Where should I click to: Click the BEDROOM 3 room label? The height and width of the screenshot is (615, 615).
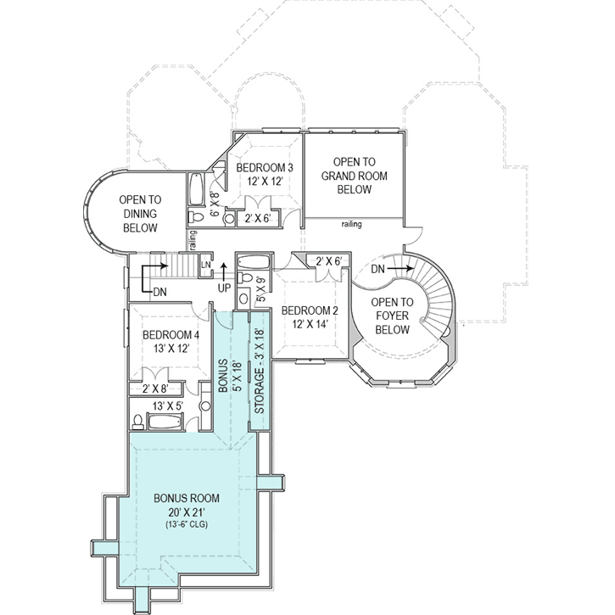pos(265,168)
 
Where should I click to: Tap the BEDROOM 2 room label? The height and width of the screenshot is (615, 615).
pos(310,311)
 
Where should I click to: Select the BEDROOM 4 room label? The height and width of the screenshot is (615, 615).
pos(171,335)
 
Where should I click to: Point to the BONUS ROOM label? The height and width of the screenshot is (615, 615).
pos(187,498)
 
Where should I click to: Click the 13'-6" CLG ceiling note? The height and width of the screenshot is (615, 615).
pos(187,524)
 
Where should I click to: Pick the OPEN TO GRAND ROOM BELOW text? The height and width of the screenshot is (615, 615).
pos(355,176)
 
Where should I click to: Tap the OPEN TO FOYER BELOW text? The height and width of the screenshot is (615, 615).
pos(392,316)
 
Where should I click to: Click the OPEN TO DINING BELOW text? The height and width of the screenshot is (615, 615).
pos(140,214)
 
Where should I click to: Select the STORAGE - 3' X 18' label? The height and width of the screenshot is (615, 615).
pos(260,371)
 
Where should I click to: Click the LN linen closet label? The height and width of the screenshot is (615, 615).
pos(205,265)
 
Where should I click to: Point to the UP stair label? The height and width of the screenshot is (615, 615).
pos(224,288)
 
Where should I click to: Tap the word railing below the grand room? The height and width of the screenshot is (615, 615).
pos(351,224)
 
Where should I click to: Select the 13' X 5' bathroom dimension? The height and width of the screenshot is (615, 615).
pos(168,406)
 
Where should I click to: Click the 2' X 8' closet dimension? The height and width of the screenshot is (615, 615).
pos(155,389)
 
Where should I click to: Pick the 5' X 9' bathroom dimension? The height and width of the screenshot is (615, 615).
pos(260,289)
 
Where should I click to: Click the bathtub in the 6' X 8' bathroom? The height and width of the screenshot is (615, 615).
pos(196,189)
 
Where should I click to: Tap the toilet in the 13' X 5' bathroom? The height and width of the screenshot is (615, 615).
pos(137,422)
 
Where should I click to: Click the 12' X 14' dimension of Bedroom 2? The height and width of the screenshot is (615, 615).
pos(310,324)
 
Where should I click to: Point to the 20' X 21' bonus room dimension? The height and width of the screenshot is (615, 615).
pos(187,512)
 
